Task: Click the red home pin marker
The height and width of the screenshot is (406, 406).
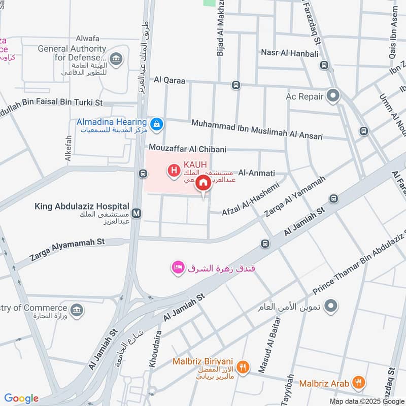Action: pos(203,183)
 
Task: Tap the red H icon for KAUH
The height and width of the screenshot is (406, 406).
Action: pos(174,171)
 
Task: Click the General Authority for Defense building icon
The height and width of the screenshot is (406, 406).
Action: pos(117,59)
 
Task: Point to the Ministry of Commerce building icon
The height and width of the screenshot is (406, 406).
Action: pos(77,310)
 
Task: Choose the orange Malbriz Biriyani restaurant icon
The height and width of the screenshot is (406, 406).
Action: pos(244,367)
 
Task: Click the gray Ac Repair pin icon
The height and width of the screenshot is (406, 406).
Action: pos(333,96)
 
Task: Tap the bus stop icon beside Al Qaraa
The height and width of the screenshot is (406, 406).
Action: pos(235,85)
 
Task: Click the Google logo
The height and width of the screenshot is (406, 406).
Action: pos(21,398)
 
